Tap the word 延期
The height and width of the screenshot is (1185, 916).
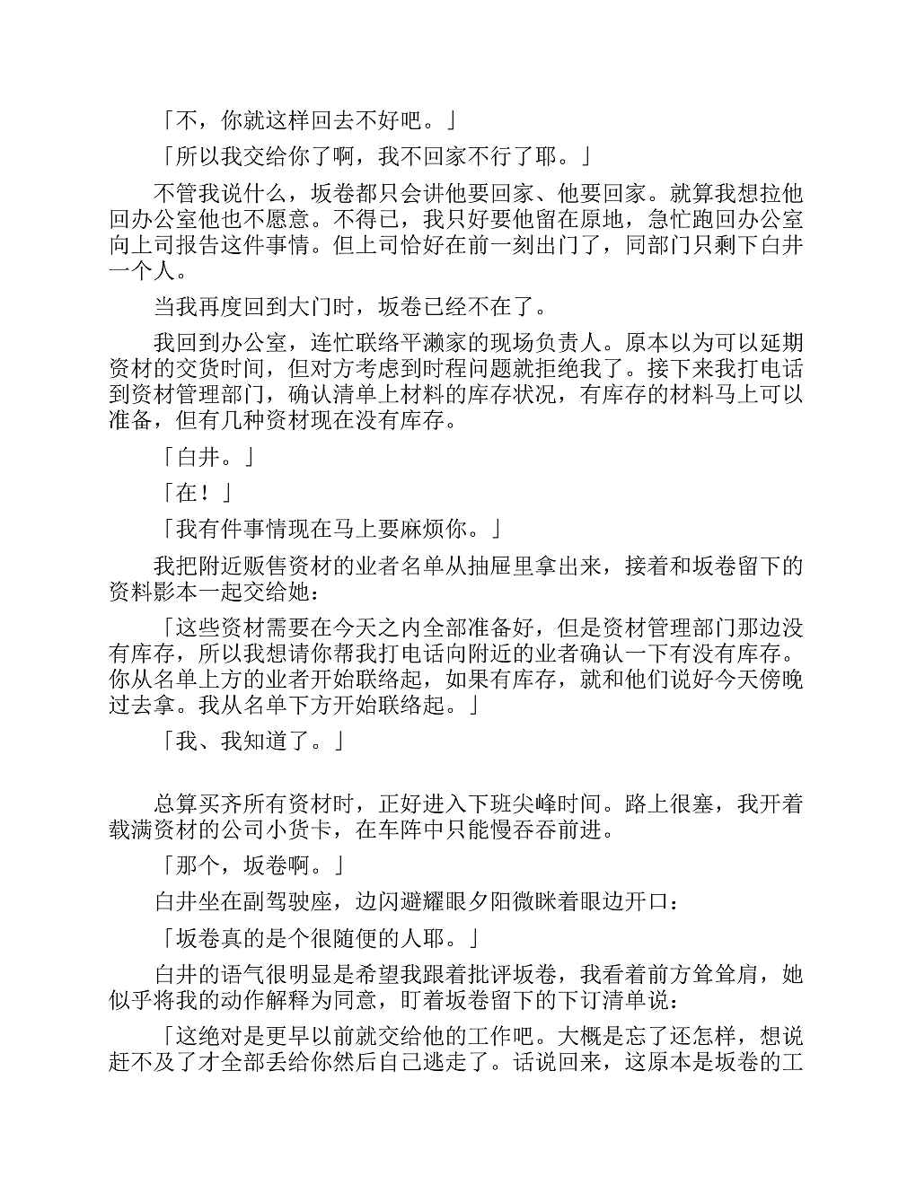pos(782,343)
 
